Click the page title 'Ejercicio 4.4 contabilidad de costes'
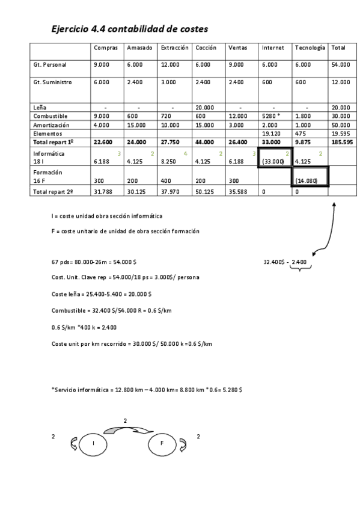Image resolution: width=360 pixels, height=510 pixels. click(130, 28)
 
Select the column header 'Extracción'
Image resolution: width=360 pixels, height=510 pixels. click(174, 48)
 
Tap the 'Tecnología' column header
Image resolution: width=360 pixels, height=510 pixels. click(310, 48)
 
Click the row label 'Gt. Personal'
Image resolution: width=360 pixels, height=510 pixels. click(50, 64)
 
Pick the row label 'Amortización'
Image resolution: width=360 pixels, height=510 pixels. click(50, 124)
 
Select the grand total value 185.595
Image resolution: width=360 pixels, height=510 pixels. click(341, 142)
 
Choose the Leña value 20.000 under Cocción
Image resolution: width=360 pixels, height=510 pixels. click(206, 107)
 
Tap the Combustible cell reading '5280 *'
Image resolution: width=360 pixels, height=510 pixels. click(272, 116)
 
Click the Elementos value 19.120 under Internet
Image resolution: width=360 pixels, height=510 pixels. click(270, 134)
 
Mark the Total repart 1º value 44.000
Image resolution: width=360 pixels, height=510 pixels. click(205, 142)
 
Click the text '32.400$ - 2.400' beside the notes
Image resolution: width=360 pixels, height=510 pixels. click(285, 262)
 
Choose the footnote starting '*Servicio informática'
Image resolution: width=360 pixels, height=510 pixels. click(147, 390)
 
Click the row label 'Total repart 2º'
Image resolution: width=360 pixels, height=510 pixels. click(53, 192)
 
